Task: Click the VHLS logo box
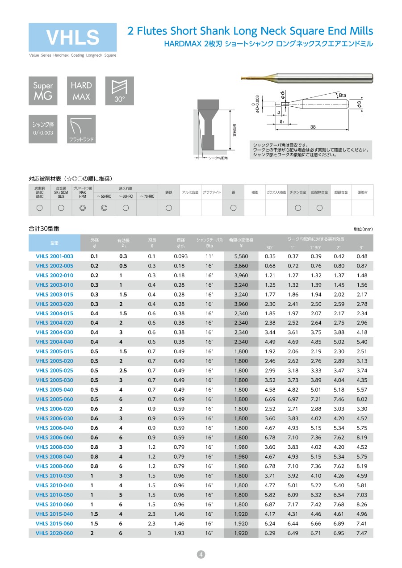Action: pos(72,37)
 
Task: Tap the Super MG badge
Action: pos(43,91)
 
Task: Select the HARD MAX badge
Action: pos(81,91)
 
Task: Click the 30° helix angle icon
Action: pos(119,91)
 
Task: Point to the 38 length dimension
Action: pos(313,127)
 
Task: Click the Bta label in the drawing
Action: pos(343,96)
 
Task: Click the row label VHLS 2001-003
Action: pos(54,256)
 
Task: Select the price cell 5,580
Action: pos(241,256)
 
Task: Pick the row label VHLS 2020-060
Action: pos(54,533)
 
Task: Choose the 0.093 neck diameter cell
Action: pos(180,256)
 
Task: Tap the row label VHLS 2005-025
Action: pos(54,371)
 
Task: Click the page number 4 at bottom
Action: pos(201,555)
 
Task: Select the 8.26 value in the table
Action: pos(362,504)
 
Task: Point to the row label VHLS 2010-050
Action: pos(54,495)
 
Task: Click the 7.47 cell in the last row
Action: pos(362,533)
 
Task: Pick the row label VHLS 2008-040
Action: pos(54,456)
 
